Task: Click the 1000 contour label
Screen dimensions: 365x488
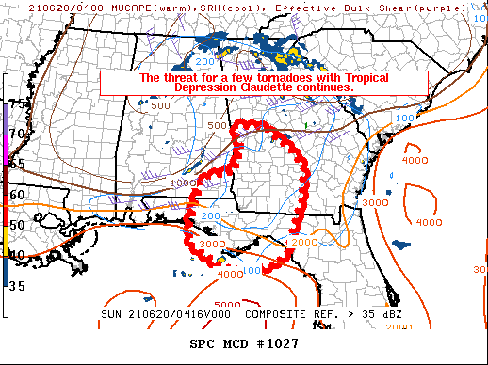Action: pos(184,182)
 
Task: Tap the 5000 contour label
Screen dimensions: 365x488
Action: pos(227,305)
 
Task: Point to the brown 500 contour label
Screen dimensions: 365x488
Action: pos(159,105)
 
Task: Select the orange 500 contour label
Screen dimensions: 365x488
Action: pos(217,125)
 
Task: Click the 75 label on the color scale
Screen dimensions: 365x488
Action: pos(16,103)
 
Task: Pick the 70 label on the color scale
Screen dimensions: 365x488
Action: pos(16,134)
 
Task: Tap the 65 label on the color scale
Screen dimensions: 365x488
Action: pos(16,164)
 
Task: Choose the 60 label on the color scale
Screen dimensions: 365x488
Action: pos(16,194)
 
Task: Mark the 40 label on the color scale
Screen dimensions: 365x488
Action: pos(16,254)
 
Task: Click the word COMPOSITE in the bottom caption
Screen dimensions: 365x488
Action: pos(270,314)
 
